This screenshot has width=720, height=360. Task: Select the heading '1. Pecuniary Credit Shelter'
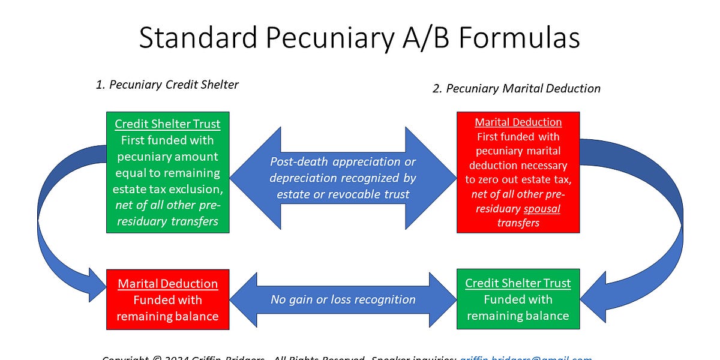tap(167, 85)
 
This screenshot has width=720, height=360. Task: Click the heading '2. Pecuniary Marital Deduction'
tap(516, 88)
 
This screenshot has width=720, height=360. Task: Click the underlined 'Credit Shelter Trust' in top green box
tap(167, 124)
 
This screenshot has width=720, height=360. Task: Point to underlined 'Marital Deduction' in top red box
tap(518, 122)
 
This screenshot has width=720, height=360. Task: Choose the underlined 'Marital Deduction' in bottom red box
tap(167, 284)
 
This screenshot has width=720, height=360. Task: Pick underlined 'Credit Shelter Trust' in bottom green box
tap(518, 283)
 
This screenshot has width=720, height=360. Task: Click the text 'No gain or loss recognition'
tap(343, 299)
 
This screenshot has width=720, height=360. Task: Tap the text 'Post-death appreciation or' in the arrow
tap(343, 161)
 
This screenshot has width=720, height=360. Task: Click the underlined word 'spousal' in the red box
tap(542, 209)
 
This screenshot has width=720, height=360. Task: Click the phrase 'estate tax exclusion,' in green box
tap(167, 189)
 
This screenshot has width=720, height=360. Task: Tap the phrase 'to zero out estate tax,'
tap(518, 180)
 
